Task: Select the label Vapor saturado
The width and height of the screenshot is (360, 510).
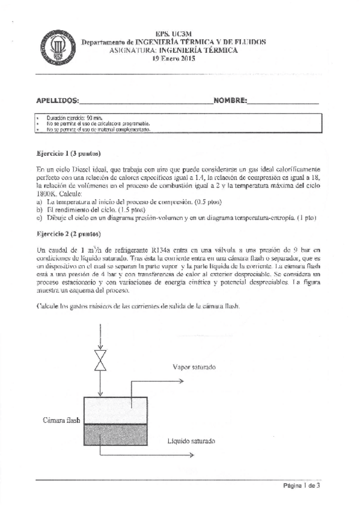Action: pos(194,367)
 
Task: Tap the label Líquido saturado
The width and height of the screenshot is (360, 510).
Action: pos(191,441)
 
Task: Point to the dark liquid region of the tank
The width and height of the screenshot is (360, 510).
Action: pos(115,437)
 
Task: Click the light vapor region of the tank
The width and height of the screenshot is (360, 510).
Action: pos(115,410)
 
